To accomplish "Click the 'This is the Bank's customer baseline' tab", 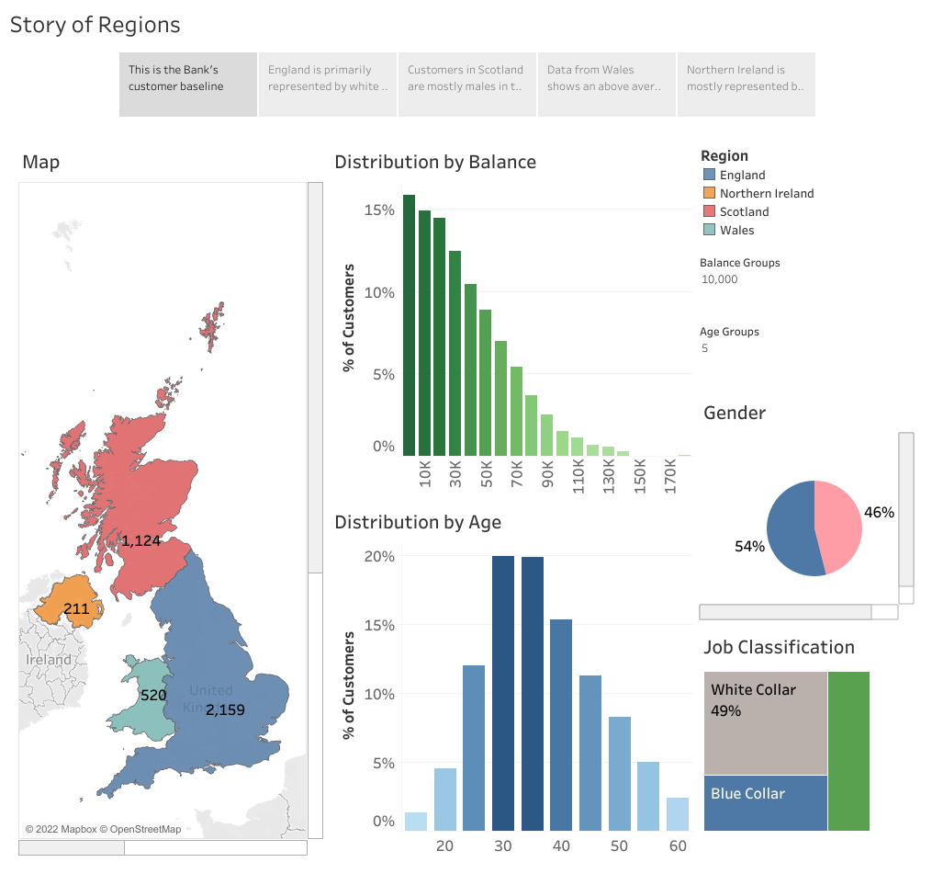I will tap(188, 85).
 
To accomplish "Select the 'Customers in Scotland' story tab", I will tap(466, 85).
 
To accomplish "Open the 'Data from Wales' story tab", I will tap(606, 85).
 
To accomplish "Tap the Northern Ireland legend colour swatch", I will tap(709, 193).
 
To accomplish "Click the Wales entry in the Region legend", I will tap(736, 230).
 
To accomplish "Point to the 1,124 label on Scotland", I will tap(141, 541).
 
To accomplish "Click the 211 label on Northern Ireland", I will tap(76, 608).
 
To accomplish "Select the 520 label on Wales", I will tap(153, 696).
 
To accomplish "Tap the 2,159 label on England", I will tap(225, 709).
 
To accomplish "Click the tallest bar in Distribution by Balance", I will tap(409, 325).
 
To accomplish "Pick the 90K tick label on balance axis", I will tap(548, 477).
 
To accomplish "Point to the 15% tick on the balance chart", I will tap(379, 210).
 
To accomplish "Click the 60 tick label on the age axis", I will tap(678, 845).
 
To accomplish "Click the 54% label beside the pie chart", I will tap(749, 547).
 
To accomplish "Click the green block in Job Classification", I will tap(848, 751).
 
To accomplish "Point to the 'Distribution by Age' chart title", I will tap(418, 522).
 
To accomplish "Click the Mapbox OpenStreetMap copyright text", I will tap(103, 829).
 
